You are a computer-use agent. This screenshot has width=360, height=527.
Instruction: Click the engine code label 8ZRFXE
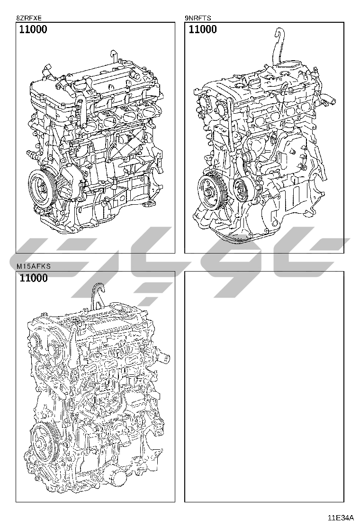tap(28, 18)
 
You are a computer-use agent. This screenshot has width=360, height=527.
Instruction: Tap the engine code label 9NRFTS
tap(198, 18)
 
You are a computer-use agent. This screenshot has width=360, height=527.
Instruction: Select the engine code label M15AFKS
tap(34, 266)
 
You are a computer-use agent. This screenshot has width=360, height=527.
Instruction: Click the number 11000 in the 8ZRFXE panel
tap(33, 29)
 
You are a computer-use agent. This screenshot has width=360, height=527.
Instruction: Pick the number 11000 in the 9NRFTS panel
tap(203, 29)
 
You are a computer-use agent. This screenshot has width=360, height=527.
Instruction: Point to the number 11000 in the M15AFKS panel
tap(34, 278)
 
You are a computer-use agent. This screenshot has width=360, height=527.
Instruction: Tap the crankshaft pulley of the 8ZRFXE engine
tap(43, 187)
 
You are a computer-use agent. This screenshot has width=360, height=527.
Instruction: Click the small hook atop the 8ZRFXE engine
tap(114, 56)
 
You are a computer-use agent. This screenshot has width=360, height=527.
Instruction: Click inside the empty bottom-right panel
tap(264, 387)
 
